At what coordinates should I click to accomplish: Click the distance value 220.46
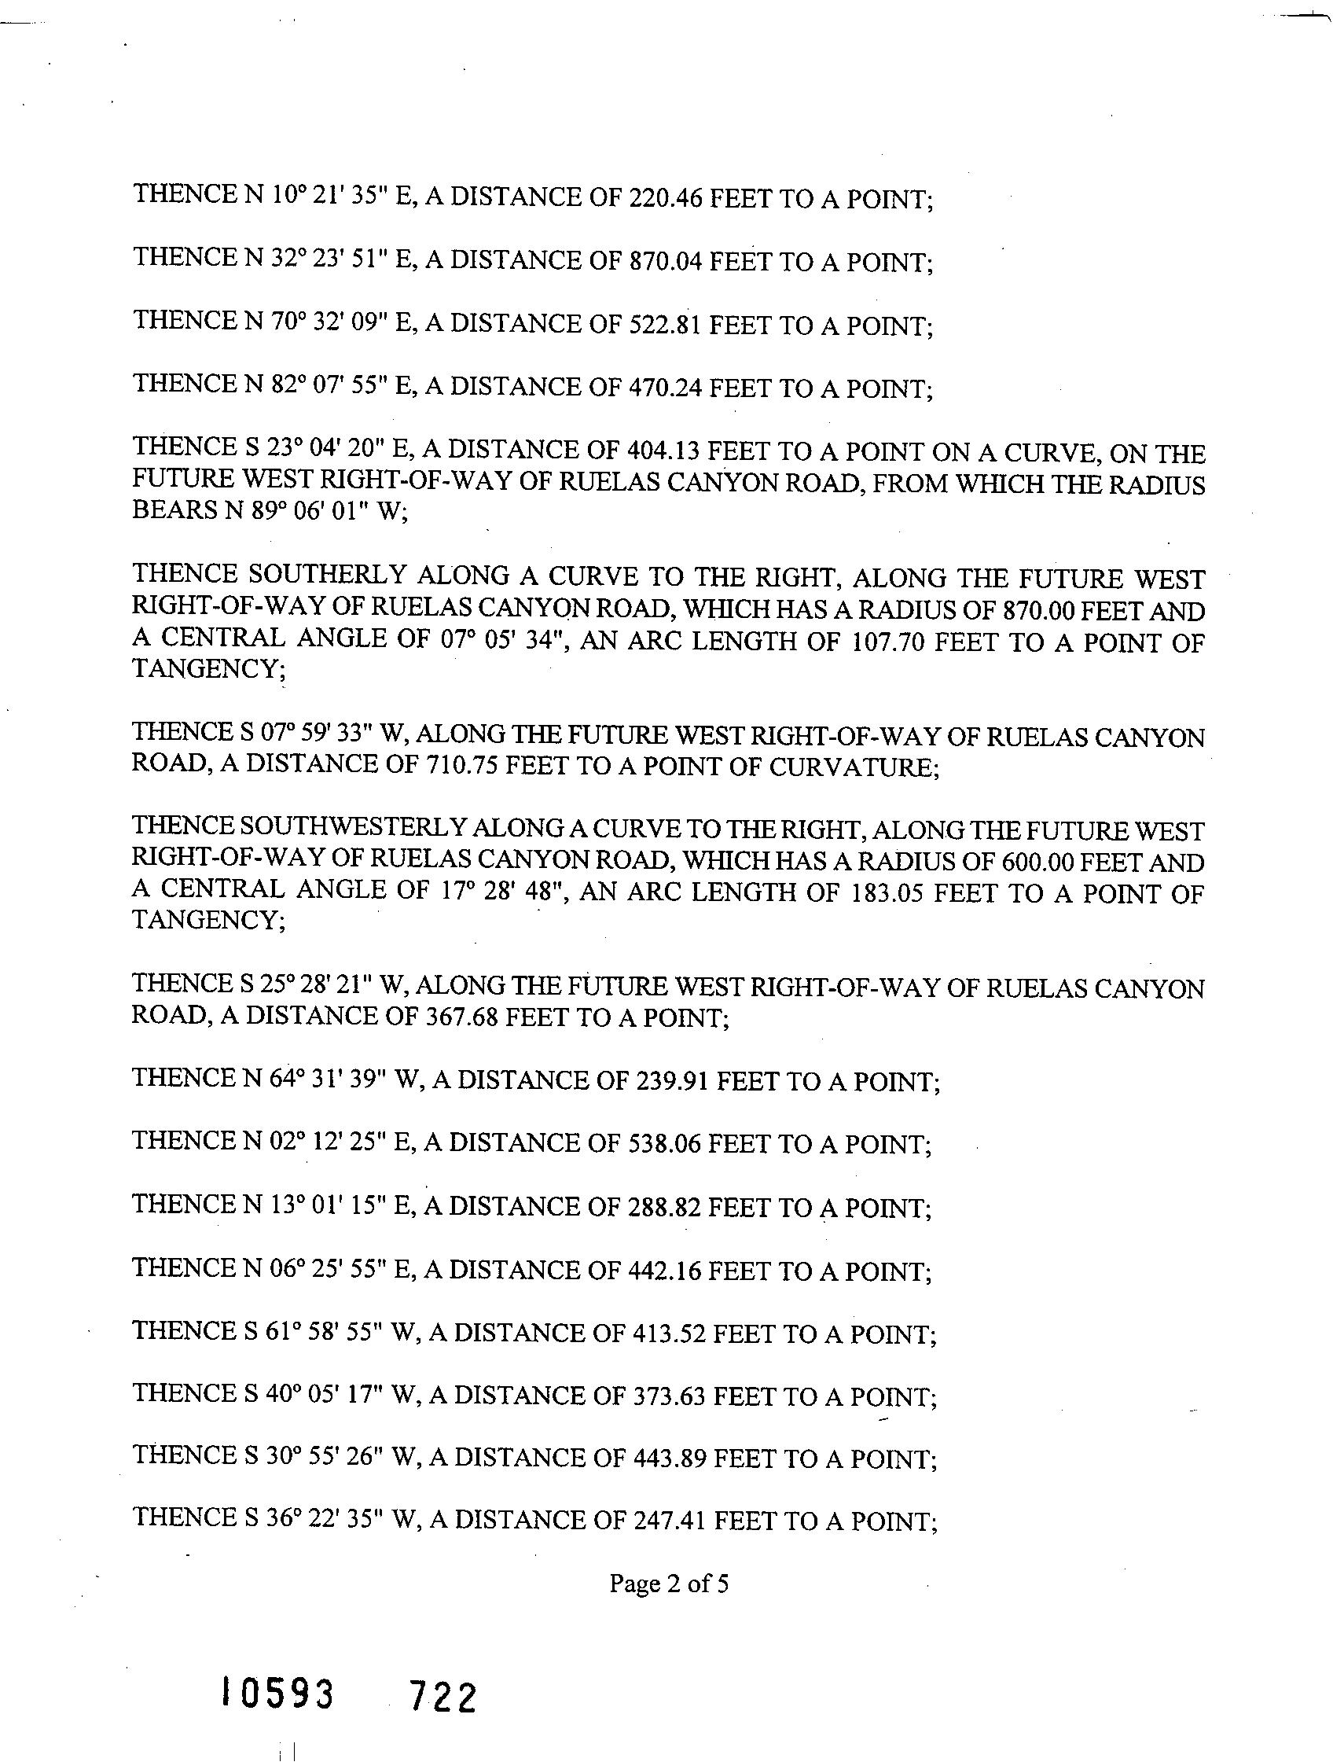665,197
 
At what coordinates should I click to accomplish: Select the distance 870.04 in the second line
665,260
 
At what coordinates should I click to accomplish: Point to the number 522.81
665,324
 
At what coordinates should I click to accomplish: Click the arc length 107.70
889,642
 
